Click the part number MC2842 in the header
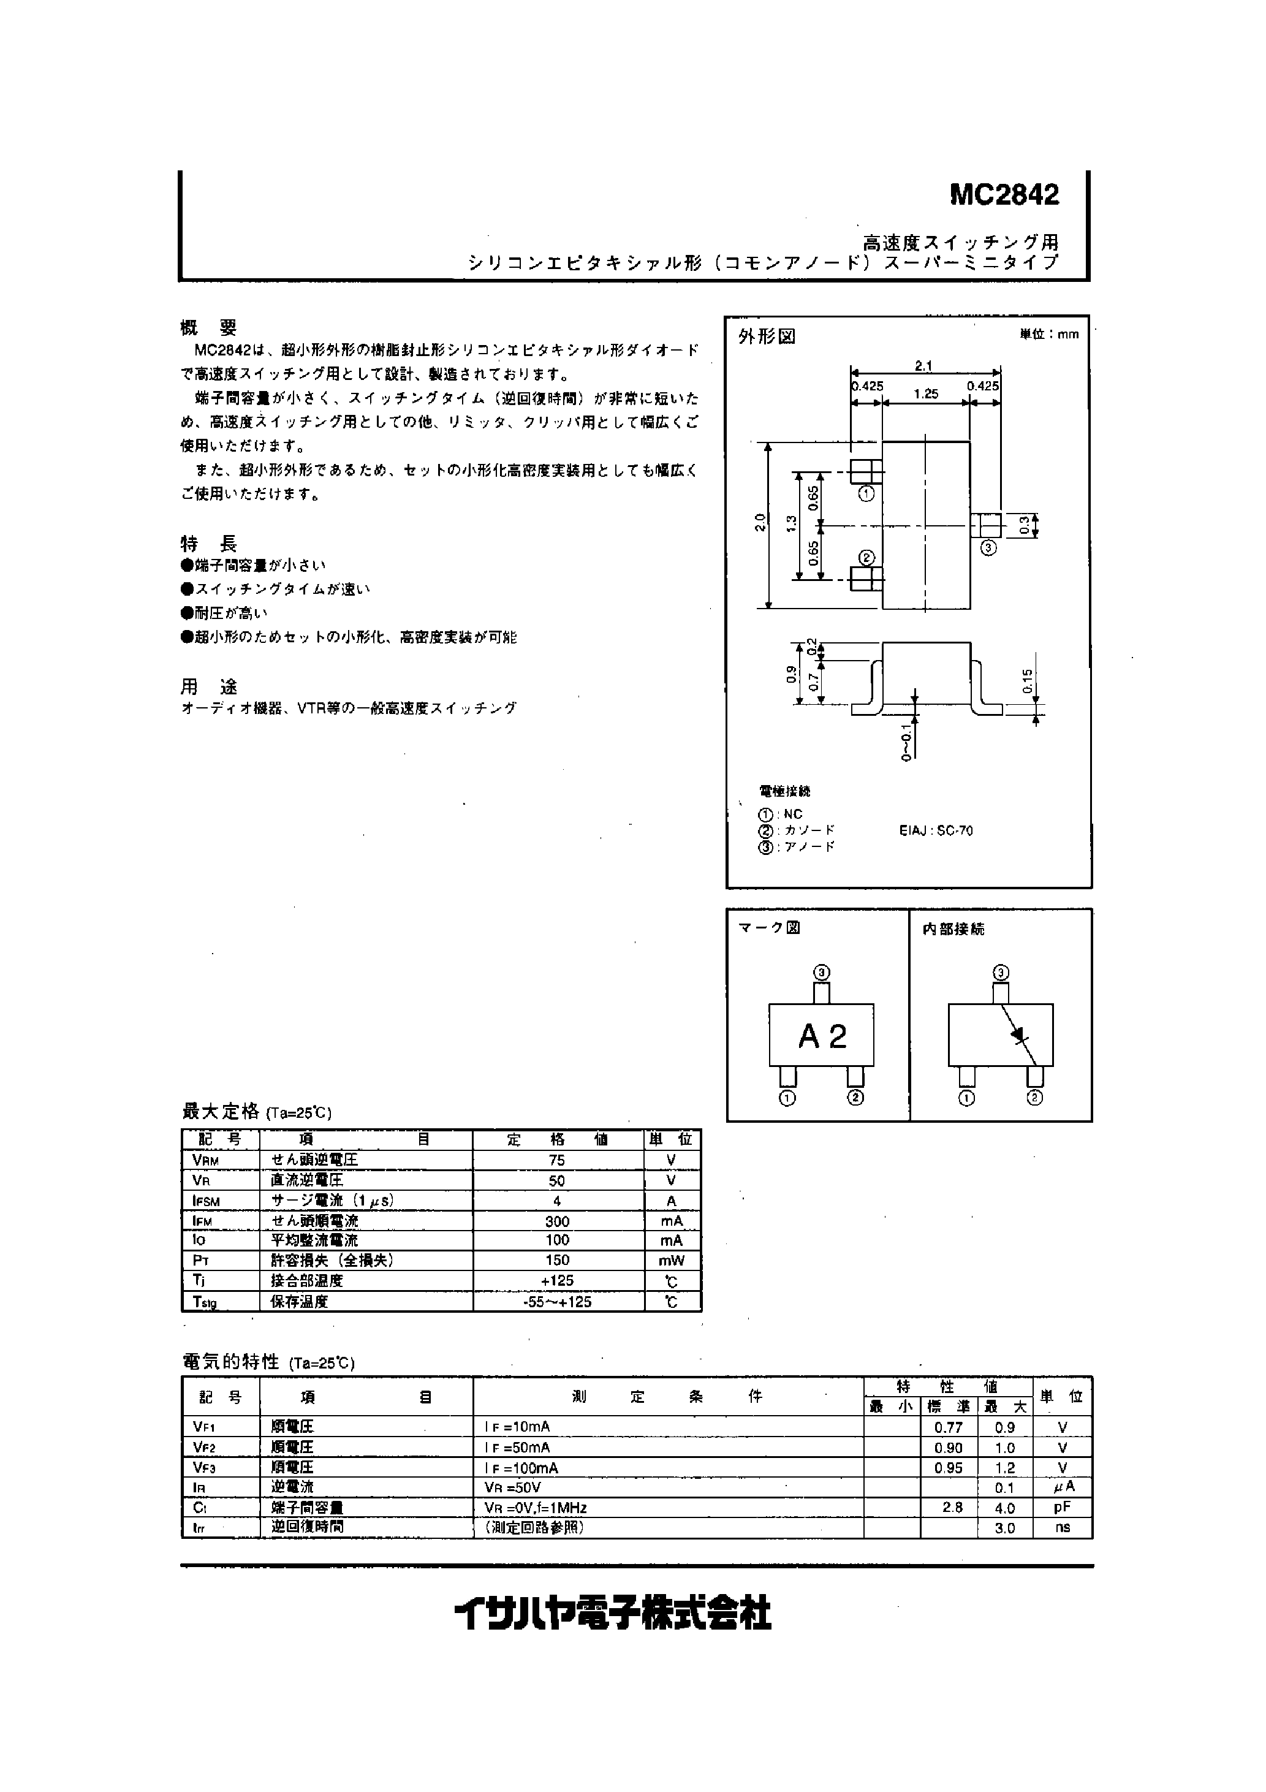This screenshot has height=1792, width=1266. click(x=1004, y=195)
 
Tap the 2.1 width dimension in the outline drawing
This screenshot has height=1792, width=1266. click(x=923, y=366)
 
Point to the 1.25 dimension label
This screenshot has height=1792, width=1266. click(x=926, y=394)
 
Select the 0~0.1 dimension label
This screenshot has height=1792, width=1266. click(x=906, y=742)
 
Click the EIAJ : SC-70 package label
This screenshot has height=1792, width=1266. click(x=936, y=830)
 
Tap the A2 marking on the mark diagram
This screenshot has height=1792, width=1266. click(x=822, y=1036)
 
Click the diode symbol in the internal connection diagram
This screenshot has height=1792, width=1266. click(x=1018, y=1034)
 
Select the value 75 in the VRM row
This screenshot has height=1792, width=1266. click(x=556, y=1161)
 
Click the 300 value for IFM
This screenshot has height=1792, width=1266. click(x=556, y=1221)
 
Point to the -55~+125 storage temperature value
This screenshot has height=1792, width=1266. click(x=556, y=1302)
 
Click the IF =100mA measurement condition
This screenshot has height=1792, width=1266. click(x=521, y=1467)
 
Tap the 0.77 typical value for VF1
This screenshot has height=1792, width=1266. click(x=949, y=1427)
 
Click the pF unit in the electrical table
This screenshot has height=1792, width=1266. click(x=1063, y=1508)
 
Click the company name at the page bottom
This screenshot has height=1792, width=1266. click(x=613, y=1613)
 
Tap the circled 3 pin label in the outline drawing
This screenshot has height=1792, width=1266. click(x=988, y=548)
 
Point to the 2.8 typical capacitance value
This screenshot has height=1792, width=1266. click(x=952, y=1508)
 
